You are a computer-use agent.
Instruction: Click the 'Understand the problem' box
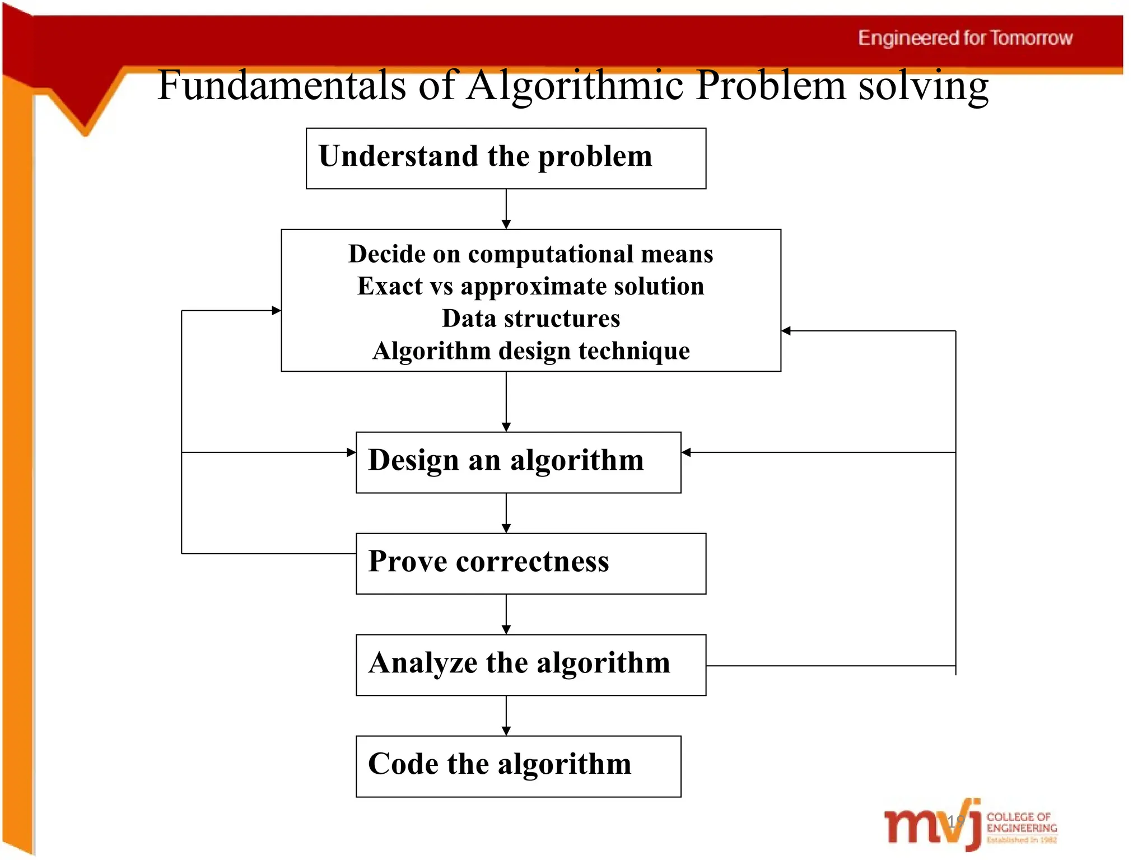[x=505, y=158]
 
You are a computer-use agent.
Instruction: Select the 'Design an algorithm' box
[x=518, y=462]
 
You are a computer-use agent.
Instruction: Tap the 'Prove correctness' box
[x=530, y=563]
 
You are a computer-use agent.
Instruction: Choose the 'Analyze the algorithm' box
[x=530, y=665]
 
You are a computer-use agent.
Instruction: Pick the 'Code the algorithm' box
[x=518, y=766]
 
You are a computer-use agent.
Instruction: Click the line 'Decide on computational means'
[x=530, y=254]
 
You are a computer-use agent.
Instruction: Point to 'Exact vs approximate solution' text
[x=530, y=286]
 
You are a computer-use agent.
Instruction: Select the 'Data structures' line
[x=530, y=319]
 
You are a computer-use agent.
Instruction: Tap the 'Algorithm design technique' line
[x=530, y=351]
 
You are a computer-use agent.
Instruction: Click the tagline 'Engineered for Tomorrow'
[x=965, y=38]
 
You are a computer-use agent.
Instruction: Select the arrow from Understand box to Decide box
[x=506, y=209]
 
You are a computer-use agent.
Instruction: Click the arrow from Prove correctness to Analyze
[x=506, y=614]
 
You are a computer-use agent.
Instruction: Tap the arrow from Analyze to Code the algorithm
[x=506, y=716]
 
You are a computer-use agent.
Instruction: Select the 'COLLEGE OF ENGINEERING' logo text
[x=1021, y=822]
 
